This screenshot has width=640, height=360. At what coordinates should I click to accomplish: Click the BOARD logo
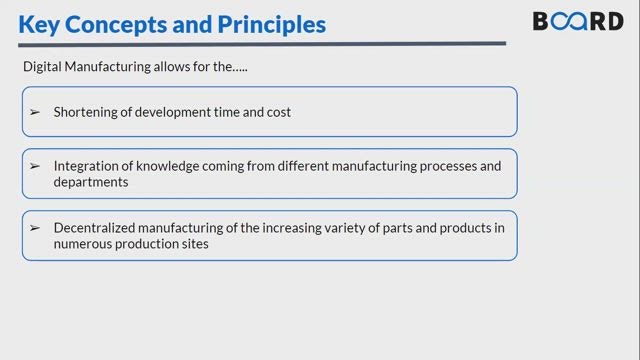coord(578,21)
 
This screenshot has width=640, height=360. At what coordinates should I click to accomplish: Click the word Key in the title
coord(39,25)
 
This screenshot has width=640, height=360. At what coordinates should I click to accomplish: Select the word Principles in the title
coord(271,25)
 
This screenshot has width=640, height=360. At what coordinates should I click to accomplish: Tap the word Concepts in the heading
coord(116,25)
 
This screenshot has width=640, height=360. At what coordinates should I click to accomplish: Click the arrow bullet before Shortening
coord(35,112)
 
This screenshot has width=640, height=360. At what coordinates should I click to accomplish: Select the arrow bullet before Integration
coord(35,166)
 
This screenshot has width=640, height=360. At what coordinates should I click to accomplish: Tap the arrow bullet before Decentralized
coord(35,228)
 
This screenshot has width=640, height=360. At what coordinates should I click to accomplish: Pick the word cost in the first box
coord(279,112)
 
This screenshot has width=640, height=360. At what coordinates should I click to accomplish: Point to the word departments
coord(91,182)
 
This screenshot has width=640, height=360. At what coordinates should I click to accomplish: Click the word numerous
coord(82,244)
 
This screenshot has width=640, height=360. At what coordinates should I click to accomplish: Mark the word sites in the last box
coord(198,244)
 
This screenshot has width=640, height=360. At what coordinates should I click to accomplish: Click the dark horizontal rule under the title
coord(262,44)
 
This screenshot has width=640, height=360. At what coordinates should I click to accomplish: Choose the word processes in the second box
coord(448,167)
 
